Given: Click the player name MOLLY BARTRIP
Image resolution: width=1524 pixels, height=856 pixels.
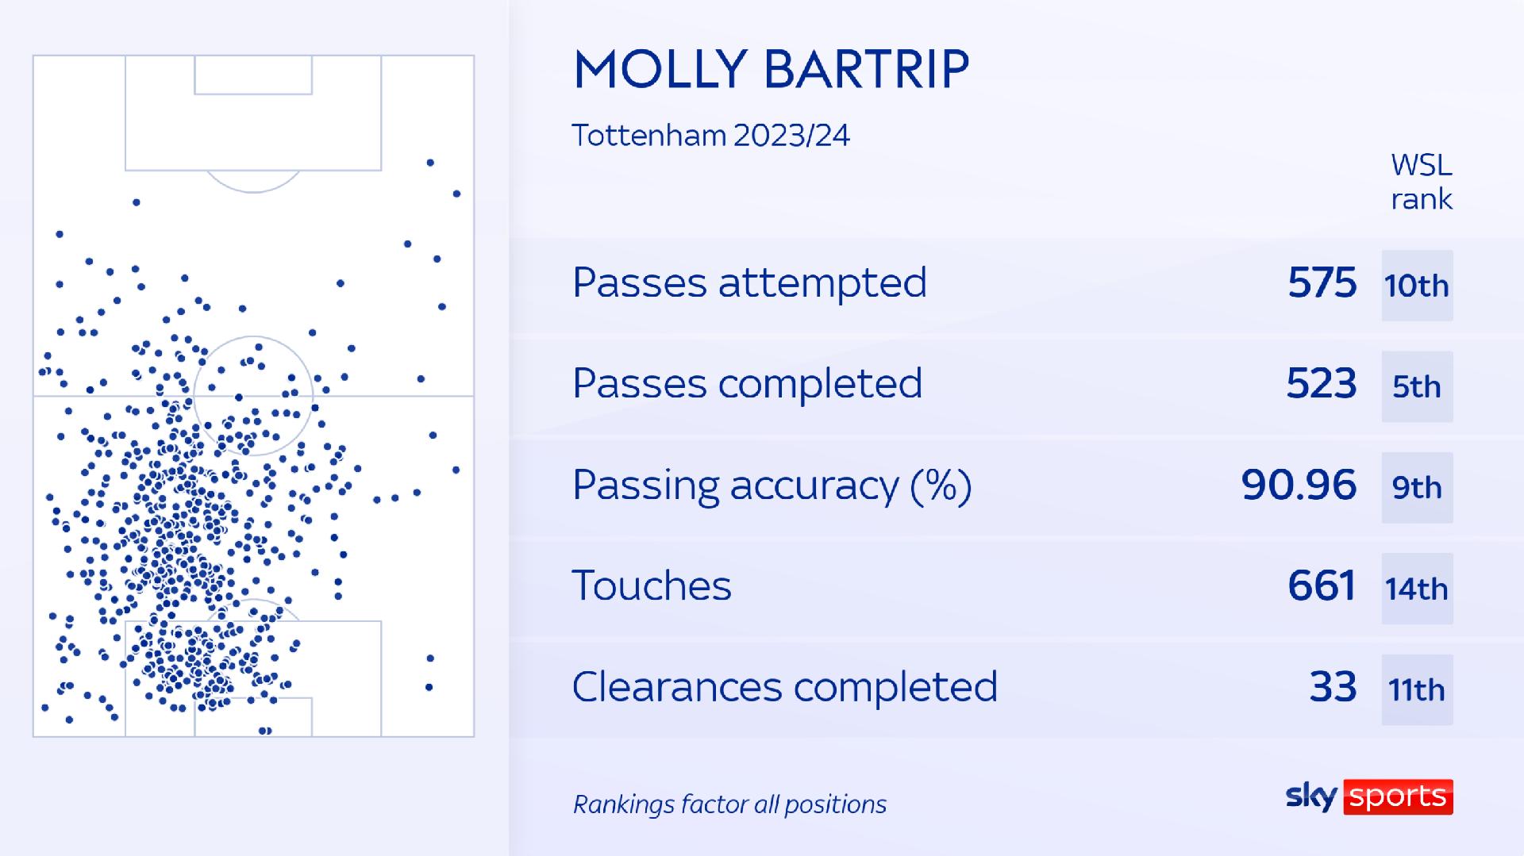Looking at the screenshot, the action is click(771, 69).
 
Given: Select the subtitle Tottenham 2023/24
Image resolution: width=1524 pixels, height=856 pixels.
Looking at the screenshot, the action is click(711, 136).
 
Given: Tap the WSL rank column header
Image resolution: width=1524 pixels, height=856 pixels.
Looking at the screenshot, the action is click(1422, 182).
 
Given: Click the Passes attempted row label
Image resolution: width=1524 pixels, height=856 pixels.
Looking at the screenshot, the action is click(749, 282).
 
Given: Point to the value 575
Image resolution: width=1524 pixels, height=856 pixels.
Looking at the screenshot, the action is click(1322, 283).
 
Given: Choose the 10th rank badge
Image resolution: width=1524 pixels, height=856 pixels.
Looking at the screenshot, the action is click(1417, 286).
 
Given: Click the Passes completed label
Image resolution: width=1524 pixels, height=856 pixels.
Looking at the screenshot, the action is click(747, 384).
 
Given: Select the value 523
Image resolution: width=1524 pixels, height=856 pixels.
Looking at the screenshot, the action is click(1322, 384).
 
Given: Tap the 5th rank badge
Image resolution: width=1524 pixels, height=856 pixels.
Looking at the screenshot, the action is click(1417, 386).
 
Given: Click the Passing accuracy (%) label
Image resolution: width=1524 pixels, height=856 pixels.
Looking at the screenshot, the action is click(772, 486).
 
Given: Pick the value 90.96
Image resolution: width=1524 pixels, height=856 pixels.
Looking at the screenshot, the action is click(1299, 486).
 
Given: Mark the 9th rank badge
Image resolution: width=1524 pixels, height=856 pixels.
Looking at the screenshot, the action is click(1417, 488).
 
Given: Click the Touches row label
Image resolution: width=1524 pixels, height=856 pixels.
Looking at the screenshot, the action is click(652, 586).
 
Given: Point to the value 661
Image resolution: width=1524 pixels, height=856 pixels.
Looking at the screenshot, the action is click(1322, 586).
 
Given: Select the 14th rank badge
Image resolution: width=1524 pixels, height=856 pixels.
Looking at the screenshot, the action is click(1417, 589).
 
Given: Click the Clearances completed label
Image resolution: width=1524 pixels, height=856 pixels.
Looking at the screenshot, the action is click(784, 687).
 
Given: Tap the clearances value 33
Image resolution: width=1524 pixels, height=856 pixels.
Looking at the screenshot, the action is click(1333, 687).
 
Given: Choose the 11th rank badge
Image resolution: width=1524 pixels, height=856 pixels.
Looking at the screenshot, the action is click(1417, 689).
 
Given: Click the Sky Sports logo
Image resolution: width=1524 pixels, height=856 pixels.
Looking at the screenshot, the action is click(1369, 797).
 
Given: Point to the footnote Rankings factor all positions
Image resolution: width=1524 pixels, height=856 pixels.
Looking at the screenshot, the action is click(729, 804).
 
